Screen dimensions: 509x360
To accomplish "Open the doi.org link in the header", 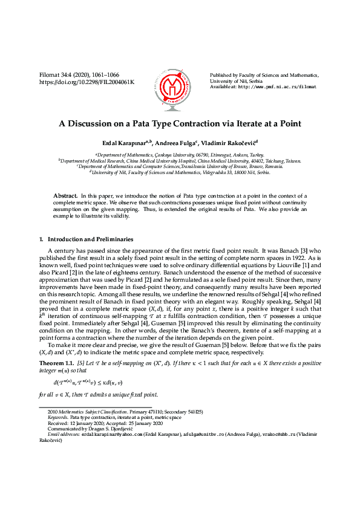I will (87, 82).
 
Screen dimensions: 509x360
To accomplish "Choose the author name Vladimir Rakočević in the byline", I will (229, 143).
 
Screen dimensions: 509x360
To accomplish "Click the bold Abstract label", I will (65, 196).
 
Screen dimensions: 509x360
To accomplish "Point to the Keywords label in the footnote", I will (57, 418).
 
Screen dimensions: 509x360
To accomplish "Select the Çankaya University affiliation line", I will (180, 155).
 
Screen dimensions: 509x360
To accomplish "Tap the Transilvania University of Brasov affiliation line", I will (180, 166).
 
